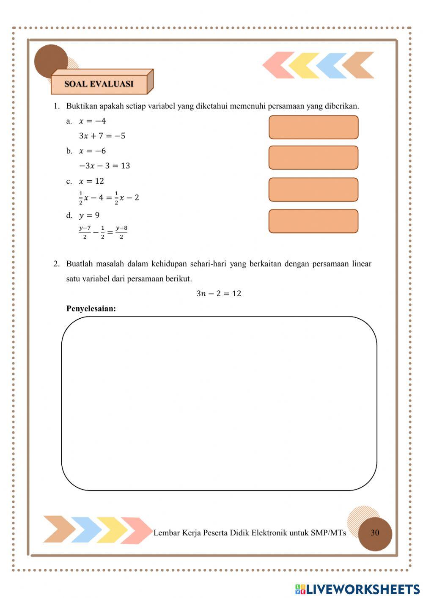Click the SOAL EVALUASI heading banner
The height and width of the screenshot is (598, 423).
[99, 84]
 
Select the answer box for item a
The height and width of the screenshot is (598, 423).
[313, 127]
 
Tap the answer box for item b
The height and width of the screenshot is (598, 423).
[313, 157]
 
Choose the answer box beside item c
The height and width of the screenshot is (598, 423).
[313, 190]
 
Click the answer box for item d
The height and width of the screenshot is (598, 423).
[313, 221]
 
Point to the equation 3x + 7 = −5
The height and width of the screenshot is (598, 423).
[102, 136]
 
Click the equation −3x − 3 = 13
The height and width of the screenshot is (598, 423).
[104, 166]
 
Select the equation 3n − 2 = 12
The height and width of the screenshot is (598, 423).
[219, 294]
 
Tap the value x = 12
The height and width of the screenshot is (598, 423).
[91, 181]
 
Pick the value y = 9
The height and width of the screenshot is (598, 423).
[89, 215]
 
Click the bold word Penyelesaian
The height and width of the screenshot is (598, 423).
[91, 309]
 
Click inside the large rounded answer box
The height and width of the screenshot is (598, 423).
[219, 403]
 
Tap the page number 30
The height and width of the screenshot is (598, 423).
[375, 533]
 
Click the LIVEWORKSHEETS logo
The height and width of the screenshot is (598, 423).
[357, 589]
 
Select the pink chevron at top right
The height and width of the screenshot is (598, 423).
[278, 65]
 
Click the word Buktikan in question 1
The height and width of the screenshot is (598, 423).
[82, 106]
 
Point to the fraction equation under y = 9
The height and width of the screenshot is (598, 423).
[103, 232]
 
